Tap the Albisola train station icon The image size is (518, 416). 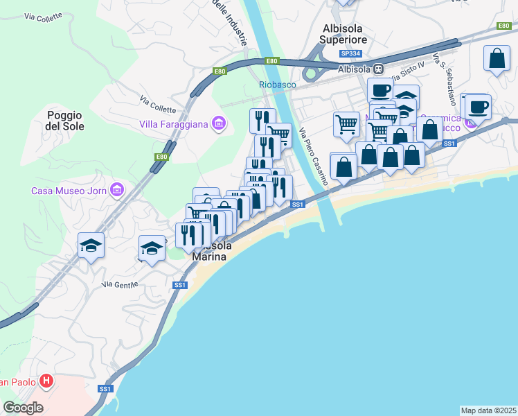[x=379, y=69]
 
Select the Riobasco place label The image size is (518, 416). [x=277, y=85]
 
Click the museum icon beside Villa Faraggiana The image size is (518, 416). [x=220, y=124]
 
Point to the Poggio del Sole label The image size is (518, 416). [x=65, y=121]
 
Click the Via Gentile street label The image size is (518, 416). [x=120, y=284]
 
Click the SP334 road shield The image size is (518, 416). [x=350, y=53]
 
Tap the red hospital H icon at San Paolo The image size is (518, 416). [x=46, y=381]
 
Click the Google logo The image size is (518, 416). [x=23, y=408]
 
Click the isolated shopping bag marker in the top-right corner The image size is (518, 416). [x=497, y=60]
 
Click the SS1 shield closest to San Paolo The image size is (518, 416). [x=105, y=389]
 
